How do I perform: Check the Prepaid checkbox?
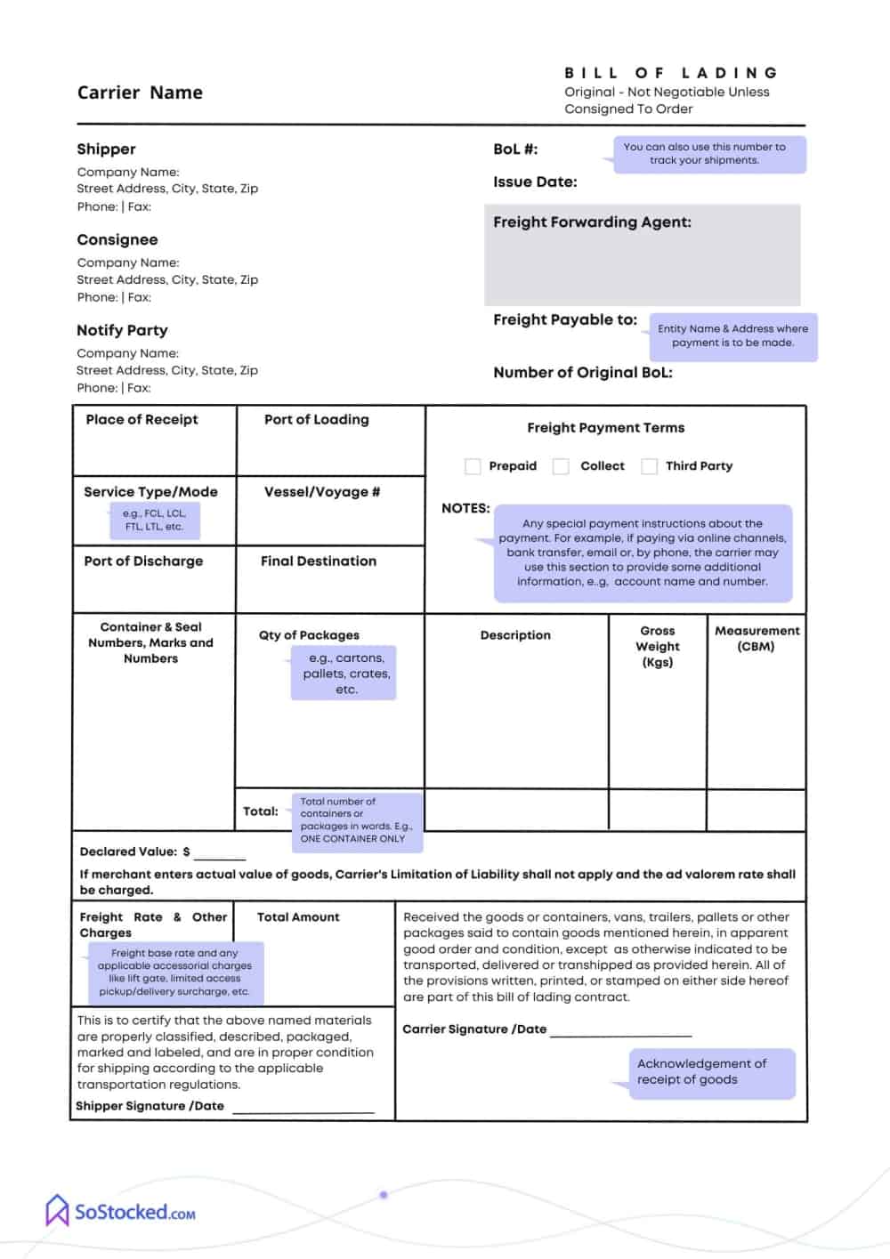(473, 466)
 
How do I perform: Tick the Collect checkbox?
(561, 466)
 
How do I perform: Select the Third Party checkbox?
(650, 466)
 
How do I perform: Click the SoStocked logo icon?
(58, 1211)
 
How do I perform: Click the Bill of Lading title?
(671, 73)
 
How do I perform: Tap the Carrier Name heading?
(140, 93)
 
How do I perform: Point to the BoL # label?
(515, 149)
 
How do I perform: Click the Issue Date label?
(535, 182)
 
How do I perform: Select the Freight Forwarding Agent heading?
(592, 222)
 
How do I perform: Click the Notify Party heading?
(122, 330)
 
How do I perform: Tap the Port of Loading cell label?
(316, 420)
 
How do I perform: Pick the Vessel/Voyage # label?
(322, 492)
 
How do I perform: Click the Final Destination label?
(319, 561)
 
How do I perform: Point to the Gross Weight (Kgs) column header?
(658, 647)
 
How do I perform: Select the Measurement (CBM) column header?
(756, 638)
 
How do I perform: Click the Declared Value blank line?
(220, 856)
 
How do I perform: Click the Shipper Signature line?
(303, 1110)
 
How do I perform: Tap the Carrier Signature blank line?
(620, 1033)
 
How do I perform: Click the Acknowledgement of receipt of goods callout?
(710, 1072)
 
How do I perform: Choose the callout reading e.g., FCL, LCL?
(155, 521)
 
